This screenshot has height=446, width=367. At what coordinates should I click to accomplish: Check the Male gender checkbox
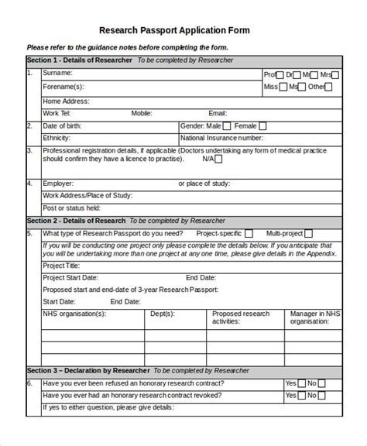click(x=226, y=125)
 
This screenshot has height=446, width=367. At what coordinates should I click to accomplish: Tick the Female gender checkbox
click(x=263, y=125)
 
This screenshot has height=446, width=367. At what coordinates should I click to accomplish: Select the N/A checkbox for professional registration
click(x=218, y=160)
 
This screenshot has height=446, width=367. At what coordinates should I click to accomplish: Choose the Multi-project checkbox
click(x=308, y=233)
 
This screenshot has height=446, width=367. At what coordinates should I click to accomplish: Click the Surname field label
click(x=57, y=74)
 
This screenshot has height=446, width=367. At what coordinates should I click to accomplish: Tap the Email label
click(x=218, y=113)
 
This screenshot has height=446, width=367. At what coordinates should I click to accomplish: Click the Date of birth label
click(x=61, y=125)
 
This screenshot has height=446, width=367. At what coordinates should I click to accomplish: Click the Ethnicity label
click(x=57, y=138)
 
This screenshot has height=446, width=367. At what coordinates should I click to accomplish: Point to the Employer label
click(x=58, y=184)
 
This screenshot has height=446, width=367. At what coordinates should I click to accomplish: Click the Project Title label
click(x=61, y=265)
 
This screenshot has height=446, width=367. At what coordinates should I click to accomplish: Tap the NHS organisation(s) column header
click(x=74, y=314)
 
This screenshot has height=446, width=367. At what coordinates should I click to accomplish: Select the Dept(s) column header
click(x=162, y=314)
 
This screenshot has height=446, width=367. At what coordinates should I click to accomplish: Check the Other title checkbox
click(x=329, y=87)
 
